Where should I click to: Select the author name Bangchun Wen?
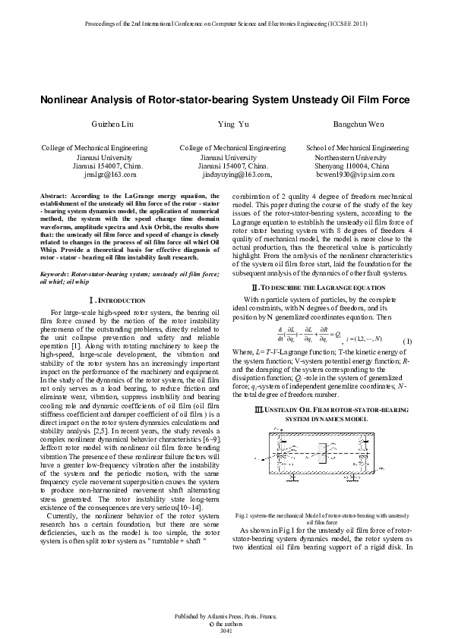pyautogui.click(x=357, y=123)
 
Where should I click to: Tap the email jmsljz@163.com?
pyautogui.click(x=110, y=174)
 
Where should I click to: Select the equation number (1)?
pyautogui.click(x=407, y=340)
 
